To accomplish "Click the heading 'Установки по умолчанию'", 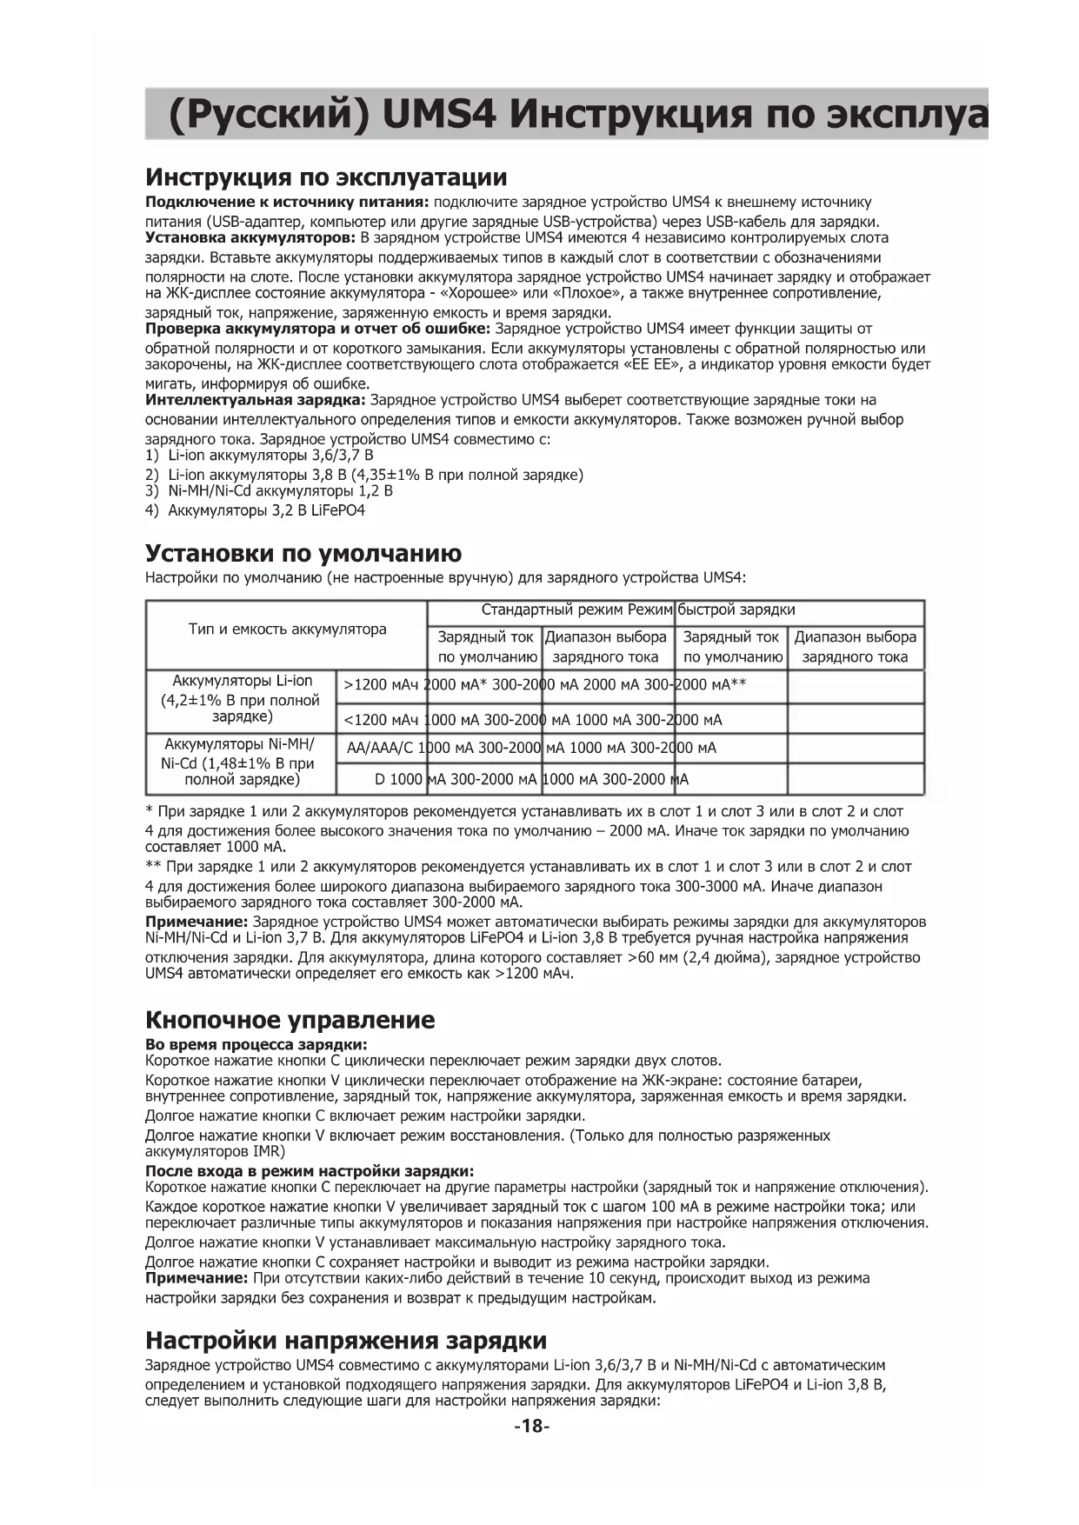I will [x=303, y=554].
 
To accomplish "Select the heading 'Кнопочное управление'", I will [x=290, y=1020].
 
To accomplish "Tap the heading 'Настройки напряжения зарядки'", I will [x=345, y=1340].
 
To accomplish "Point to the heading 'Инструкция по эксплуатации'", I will [x=325, y=178].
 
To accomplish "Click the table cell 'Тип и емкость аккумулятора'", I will [x=287, y=629].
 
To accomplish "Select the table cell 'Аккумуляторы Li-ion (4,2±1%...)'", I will [x=241, y=699].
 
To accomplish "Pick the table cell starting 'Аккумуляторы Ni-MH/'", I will [x=239, y=762].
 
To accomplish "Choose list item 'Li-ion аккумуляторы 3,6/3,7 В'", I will [x=270, y=455].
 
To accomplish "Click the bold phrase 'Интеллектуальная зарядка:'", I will [x=256, y=400].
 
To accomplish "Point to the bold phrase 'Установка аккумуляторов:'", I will [x=250, y=237].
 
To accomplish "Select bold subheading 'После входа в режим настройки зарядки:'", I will [x=309, y=1170].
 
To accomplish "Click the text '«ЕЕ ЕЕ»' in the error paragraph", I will [x=652, y=364].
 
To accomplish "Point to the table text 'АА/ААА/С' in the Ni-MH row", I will [x=381, y=748].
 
